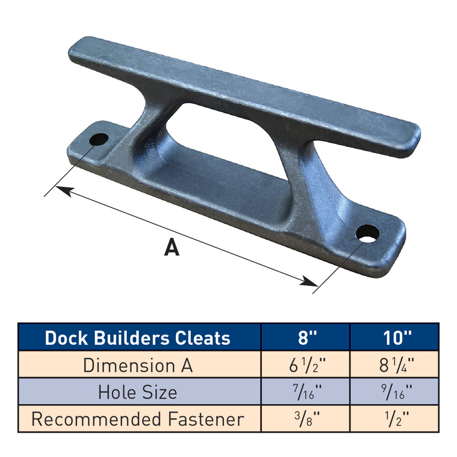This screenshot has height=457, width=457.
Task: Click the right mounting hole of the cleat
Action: [x=368, y=234]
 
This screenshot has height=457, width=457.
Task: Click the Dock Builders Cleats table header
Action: [x=138, y=338]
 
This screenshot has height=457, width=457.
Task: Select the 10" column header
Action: [x=395, y=338]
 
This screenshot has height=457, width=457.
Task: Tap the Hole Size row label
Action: [x=138, y=392]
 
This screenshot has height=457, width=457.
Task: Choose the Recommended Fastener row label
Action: [x=138, y=419]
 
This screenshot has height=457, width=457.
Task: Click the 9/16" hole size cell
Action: [x=395, y=392]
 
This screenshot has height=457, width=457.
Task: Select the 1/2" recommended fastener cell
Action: [x=395, y=419]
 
